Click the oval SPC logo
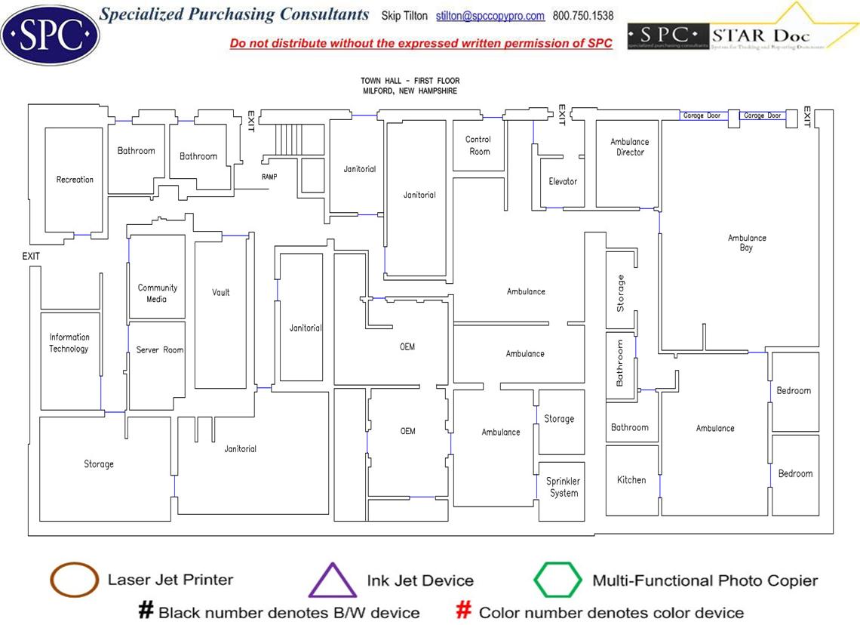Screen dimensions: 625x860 pyautogui.click(x=50, y=33)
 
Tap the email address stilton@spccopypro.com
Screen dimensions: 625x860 pyautogui.click(x=490, y=16)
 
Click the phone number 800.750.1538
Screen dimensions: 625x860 pyautogui.click(x=583, y=16)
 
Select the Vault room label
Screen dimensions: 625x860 pyautogui.click(x=221, y=293)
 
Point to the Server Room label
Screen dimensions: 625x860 pyautogui.click(x=160, y=350)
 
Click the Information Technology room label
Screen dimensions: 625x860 pyautogui.click(x=69, y=343)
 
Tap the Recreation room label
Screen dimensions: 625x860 pyautogui.click(x=75, y=180)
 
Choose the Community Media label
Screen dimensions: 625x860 pyautogui.click(x=158, y=294)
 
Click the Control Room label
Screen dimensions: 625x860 pyautogui.click(x=478, y=146)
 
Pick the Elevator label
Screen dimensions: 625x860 pyautogui.click(x=563, y=182)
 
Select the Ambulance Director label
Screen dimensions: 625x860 pyautogui.click(x=630, y=147)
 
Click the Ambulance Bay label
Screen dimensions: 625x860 pyautogui.click(x=747, y=243)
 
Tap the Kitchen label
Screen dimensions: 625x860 pyautogui.click(x=631, y=480)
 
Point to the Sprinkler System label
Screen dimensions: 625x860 pyautogui.click(x=564, y=488)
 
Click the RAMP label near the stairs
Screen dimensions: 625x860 pyautogui.click(x=269, y=177)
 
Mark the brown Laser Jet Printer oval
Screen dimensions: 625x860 pyautogui.click(x=74, y=580)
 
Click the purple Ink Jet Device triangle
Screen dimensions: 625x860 pyautogui.click(x=332, y=581)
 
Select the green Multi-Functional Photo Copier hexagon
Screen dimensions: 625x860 pyautogui.click(x=558, y=580)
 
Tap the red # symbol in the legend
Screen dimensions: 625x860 pyautogui.click(x=465, y=611)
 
